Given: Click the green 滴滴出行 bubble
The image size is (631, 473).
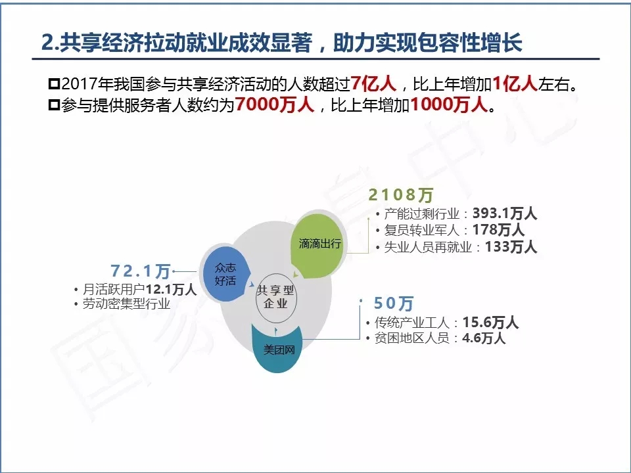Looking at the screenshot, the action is [317, 245].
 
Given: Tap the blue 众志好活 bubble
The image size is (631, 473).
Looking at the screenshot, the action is [225, 274].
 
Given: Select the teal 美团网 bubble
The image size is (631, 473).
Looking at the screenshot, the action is [277, 348].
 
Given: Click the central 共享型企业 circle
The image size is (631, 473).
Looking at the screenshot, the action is [276, 297].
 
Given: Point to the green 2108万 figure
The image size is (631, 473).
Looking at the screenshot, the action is [400, 195].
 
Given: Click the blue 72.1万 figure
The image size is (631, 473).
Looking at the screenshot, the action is [141, 271].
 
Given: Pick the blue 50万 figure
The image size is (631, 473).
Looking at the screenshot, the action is [394, 304].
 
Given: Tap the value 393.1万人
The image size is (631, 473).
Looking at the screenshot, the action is [505, 213].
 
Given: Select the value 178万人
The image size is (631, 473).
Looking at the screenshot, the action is [498, 230].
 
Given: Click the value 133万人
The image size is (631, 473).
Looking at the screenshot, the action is [511, 246].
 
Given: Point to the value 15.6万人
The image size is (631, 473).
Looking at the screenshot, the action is [490, 323].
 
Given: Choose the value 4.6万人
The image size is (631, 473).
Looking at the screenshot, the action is [484, 338].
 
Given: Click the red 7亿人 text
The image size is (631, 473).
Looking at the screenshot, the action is [373, 83].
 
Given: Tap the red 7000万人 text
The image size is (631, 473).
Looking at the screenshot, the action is [275, 104].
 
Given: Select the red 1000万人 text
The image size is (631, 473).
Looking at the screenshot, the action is [449, 104].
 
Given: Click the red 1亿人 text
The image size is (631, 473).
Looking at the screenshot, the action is [515, 83].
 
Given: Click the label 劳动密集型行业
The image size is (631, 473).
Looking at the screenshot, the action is [126, 304].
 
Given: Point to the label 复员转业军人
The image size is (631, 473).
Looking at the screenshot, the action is [422, 231].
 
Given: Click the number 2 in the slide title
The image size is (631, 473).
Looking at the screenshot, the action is [47, 43].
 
